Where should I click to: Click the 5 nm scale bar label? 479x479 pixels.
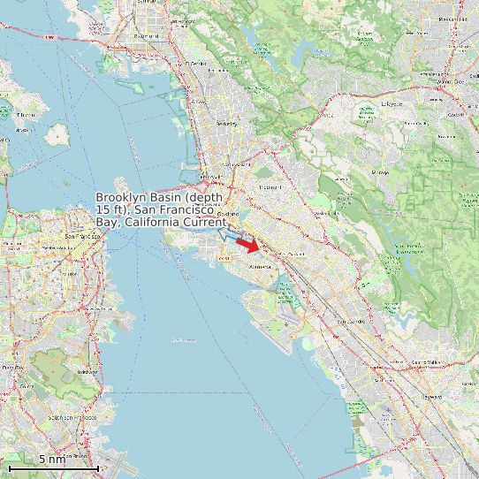pyautogui.click(x=52, y=460)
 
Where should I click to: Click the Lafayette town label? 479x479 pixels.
pyautogui.click(x=392, y=103)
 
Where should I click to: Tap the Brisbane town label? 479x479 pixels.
pyautogui.click(x=87, y=372)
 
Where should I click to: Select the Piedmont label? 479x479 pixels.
pyautogui.click(x=268, y=187)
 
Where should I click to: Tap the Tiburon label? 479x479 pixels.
pyautogui.click(x=26, y=115)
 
